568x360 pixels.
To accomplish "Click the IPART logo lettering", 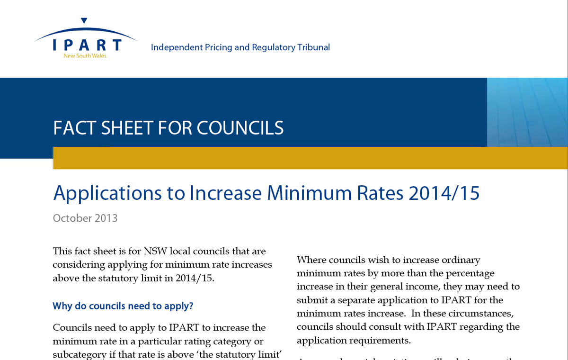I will pyautogui.click(x=87, y=45).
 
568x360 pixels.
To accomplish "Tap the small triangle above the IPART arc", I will pyautogui.click(x=84, y=20).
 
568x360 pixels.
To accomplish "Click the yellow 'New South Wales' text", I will pyautogui.click(x=85, y=56).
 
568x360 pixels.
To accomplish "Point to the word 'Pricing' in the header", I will pyautogui.click(x=220, y=47).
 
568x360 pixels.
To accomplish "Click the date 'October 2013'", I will pyautogui.click(x=85, y=218).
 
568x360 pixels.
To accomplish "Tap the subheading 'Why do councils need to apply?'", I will pyautogui.click(x=123, y=306).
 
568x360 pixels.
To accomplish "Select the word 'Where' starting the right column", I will pyautogui.click(x=311, y=260).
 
